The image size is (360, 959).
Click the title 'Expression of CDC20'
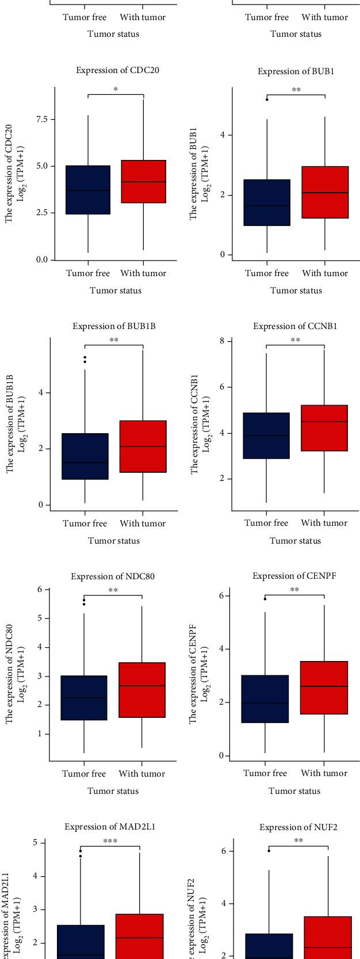[x=117, y=70]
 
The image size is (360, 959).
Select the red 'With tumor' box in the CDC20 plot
[x=143, y=181]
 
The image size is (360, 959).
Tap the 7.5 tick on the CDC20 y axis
[x=41, y=119]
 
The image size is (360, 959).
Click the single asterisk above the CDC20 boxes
[x=116, y=90]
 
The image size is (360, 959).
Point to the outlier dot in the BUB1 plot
[x=267, y=100]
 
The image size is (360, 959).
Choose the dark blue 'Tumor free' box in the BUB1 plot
[x=267, y=203]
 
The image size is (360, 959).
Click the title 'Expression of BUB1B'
[x=114, y=326]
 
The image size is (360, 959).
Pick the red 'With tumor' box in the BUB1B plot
[x=143, y=446]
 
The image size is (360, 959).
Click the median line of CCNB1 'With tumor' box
[x=324, y=422]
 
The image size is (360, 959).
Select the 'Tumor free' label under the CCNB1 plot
[x=266, y=523]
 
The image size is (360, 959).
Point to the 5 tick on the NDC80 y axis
[x=40, y=618]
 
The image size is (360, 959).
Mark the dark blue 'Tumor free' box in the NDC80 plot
[x=84, y=698]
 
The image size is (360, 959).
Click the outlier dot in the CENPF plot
[x=265, y=599]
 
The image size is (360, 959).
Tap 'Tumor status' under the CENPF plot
[x=294, y=791]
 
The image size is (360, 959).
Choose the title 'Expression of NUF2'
[x=298, y=827]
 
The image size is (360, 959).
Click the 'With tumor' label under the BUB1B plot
[x=143, y=524]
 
